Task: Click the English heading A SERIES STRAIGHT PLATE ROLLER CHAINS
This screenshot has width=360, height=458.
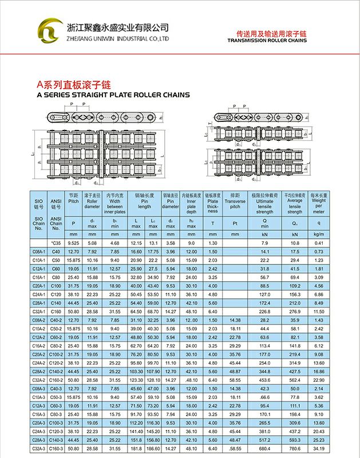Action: click(113, 95)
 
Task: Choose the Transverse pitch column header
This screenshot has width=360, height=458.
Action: click(235, 203)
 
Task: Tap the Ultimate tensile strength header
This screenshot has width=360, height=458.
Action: click(264, 203)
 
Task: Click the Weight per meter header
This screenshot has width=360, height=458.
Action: click(319, 203)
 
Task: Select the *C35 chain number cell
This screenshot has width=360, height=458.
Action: click(56, 243)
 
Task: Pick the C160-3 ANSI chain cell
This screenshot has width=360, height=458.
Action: click(56, 449)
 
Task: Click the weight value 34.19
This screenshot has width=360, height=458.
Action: click(319, 449)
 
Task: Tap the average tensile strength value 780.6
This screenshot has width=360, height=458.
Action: click(295, 449)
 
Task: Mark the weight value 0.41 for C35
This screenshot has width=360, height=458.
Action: click(319, 243)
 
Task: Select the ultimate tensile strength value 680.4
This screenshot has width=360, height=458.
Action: click(264, 449)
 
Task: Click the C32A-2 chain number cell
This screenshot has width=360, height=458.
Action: click(38, 379)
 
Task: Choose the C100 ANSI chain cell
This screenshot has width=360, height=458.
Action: click(56, 286)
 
